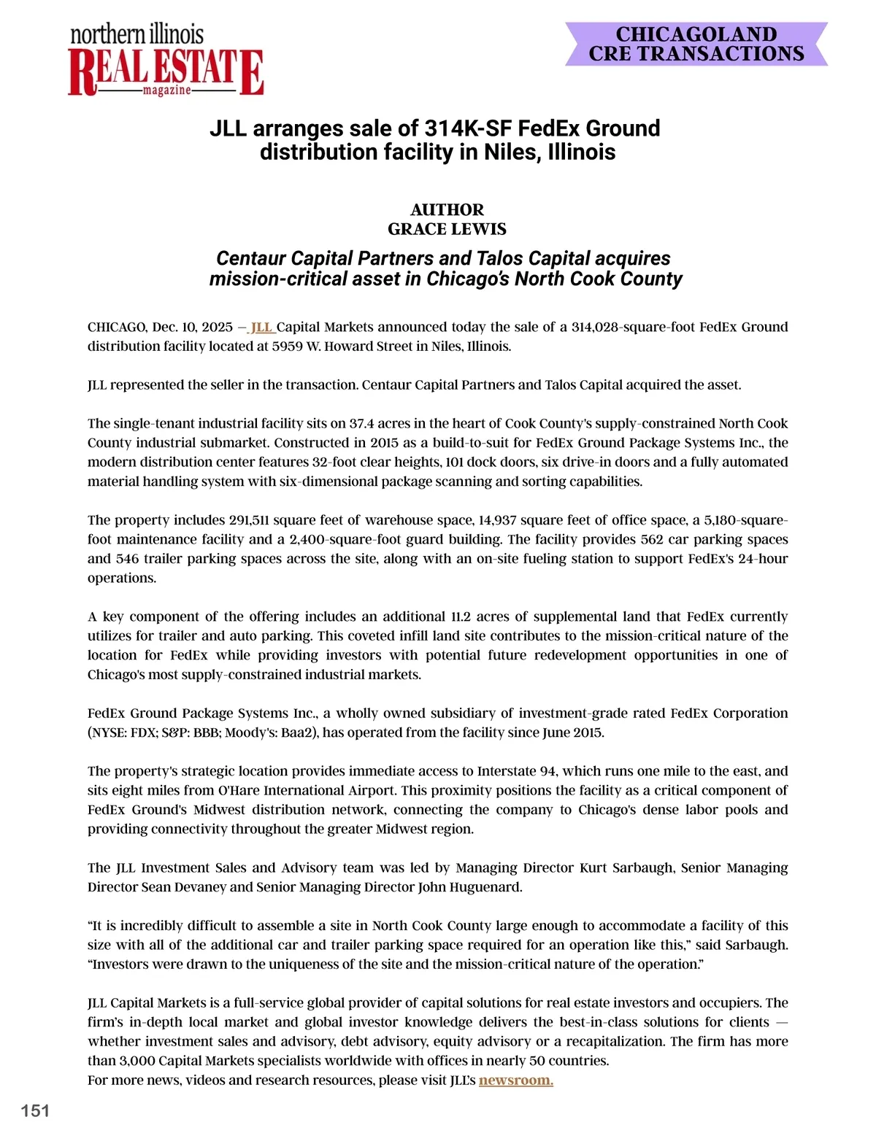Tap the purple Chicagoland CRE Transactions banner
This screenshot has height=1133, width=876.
[x=696, y=45]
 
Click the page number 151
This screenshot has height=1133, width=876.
[x=35, y=1110]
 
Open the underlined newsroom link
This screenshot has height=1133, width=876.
[x=515, y=1080]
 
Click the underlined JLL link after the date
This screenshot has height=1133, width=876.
[x=262, y=327]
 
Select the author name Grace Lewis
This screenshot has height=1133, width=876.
[x=447, y=229]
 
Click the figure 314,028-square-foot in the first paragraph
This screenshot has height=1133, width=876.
[x=633, y=327]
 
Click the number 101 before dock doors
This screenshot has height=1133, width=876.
[x=455, y=462]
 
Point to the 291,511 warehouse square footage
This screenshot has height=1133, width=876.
[x=249, y=520]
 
